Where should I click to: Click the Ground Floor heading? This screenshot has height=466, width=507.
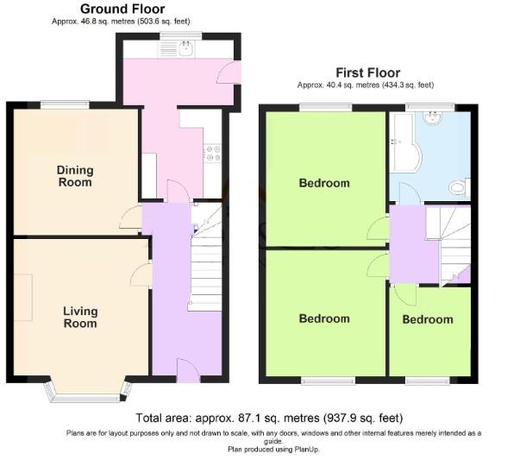click(122, 9)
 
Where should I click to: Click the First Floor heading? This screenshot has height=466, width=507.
click(367, 72)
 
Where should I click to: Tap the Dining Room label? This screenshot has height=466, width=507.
click(74, 176)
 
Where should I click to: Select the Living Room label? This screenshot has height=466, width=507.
click(79, 317)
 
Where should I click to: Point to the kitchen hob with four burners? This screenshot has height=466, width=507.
click(212, 154)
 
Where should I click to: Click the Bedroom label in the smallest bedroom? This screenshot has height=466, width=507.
click(427, 319)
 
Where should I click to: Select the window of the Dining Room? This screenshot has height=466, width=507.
click(65, 105)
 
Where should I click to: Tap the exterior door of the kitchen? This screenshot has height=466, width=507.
click(228, 74)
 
